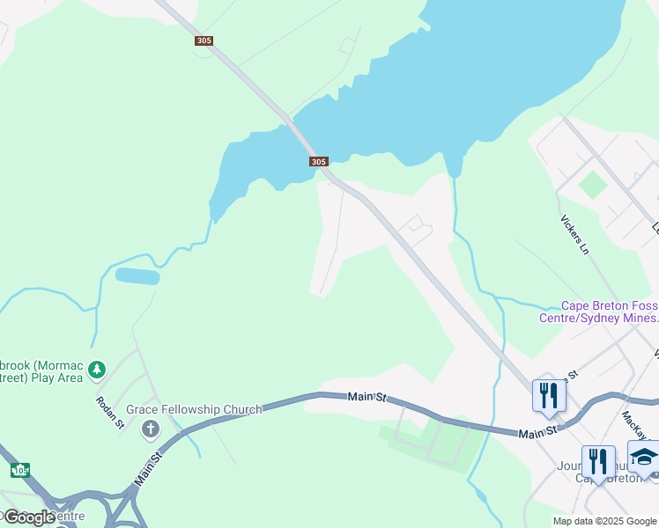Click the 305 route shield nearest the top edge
pyautogui.click(x=204, y=40)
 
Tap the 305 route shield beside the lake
pyautogui.click(x=319, y=161)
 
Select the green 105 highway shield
pyautogui.click(x=19, y=470)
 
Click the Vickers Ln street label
pyautogui.click(x=573, y=234)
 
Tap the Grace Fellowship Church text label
pyautogui.click(x=194, y=409)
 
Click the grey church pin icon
pyautogui.click(x=151, y=429)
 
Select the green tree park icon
pyautogui.click(x=98, y=370)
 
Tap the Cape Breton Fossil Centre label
pyautogui.click(x=598, y=312)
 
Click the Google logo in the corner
pyautogui.click(x=28, y=517)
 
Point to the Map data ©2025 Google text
pyautogui.click(x=604, y=521)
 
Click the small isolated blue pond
pyautogui.click(x=137, y=275)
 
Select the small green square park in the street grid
pyautogui.click(x=593, y=185)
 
